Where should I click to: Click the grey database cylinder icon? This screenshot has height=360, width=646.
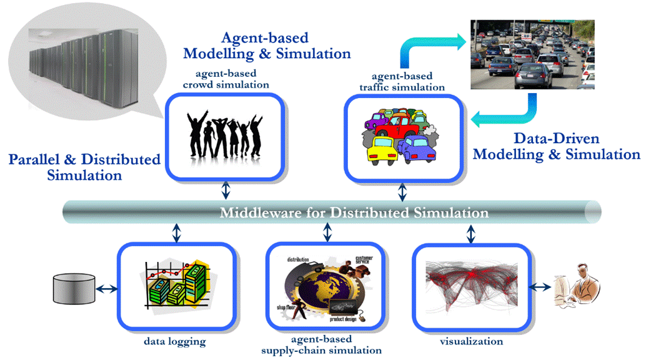pos(74,289)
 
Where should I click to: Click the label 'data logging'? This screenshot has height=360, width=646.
pos(174,341)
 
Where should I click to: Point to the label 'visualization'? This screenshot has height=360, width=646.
pos(471,341)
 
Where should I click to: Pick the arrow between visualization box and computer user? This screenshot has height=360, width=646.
pos(540,287)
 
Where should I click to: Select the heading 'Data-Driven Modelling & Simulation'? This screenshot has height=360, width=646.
pos(556,146)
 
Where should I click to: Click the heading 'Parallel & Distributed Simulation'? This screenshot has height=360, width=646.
pos(84,167)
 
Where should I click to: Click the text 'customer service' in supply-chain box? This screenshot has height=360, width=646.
pos(364,261)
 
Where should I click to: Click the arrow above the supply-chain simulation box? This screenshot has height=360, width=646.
pos(327,232)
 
